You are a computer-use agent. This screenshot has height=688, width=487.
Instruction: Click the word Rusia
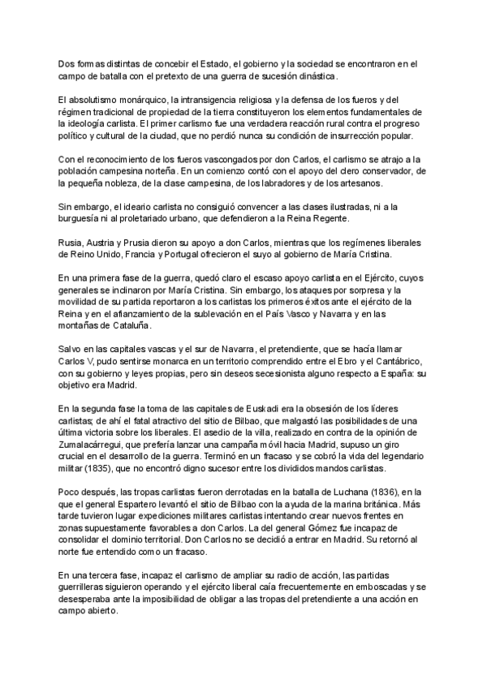(71, 243)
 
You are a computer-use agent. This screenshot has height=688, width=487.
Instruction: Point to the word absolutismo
(95, 99)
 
